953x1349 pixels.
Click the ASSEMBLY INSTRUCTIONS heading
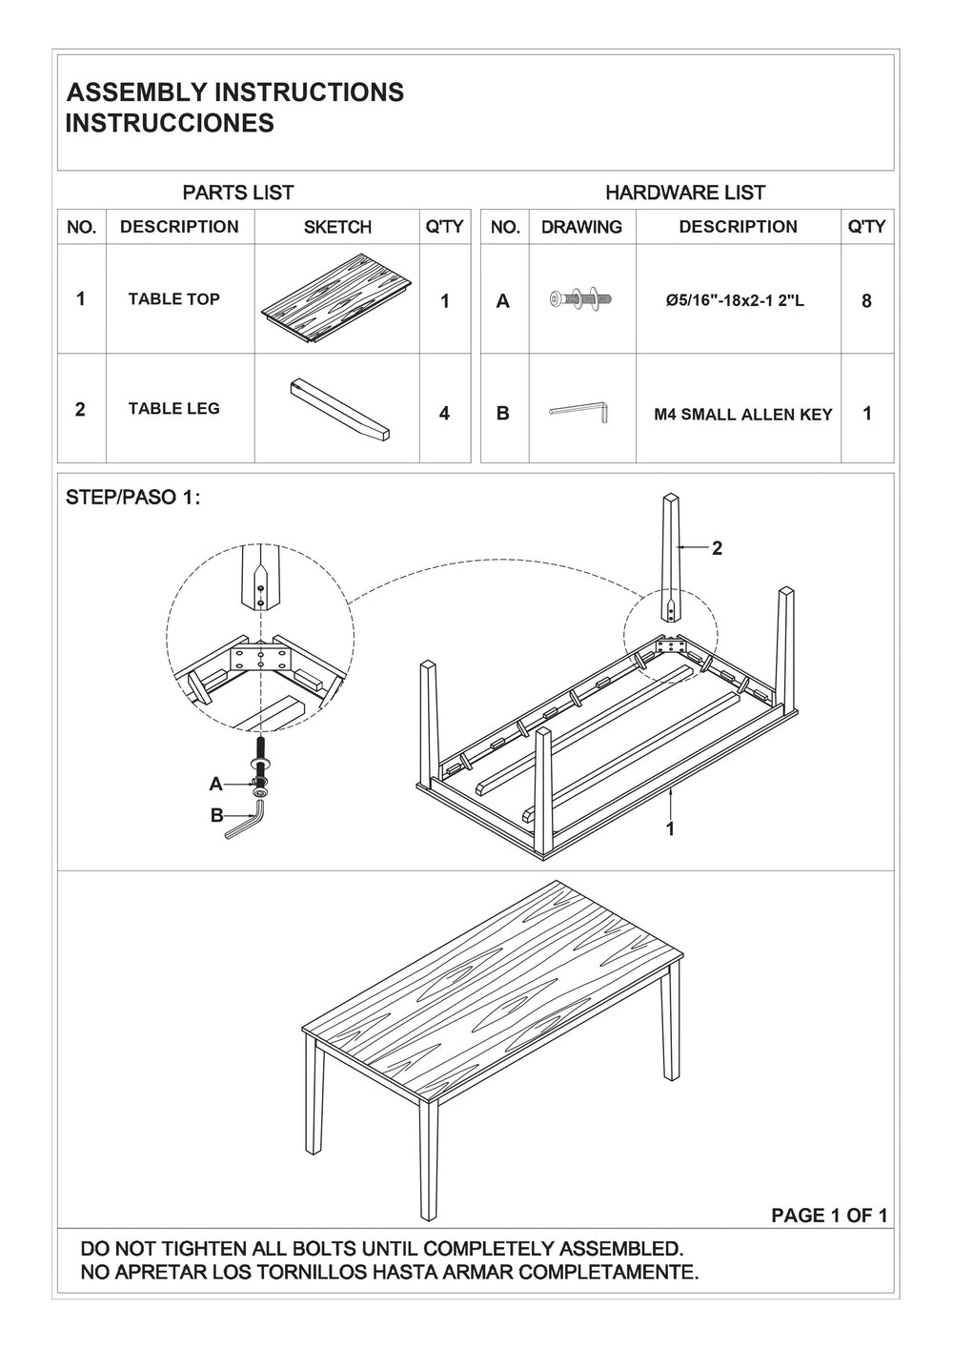[x=234, y=92]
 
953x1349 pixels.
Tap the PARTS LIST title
[x=238, y=193]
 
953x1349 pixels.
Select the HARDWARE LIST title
[x=685, y=193]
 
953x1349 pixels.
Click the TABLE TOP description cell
[x=174, y=299]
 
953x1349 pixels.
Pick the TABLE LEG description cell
[x=174, y=409]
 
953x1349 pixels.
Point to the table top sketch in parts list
[x=336, y=299]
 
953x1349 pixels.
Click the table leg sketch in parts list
[x=338, y=407]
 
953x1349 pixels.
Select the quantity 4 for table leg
[x=444, y=414]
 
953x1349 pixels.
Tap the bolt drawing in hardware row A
[x=580, y=299]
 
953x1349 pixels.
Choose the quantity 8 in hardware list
[x=866, y=301]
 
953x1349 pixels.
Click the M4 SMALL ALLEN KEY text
[x=743, y=415]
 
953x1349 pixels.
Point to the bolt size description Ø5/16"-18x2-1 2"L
[x=736, y=301]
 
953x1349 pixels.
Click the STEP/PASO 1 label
[x=132, y=499]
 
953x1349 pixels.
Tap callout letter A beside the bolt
[x=216, y=784]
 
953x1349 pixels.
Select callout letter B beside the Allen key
[x=216, y=816]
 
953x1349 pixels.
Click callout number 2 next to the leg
[x=717, y=548]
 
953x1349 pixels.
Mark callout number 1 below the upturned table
[x=670, y=829]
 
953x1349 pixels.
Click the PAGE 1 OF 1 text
[x=829, y=1216]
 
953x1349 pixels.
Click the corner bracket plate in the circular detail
[x=260, y=657]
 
